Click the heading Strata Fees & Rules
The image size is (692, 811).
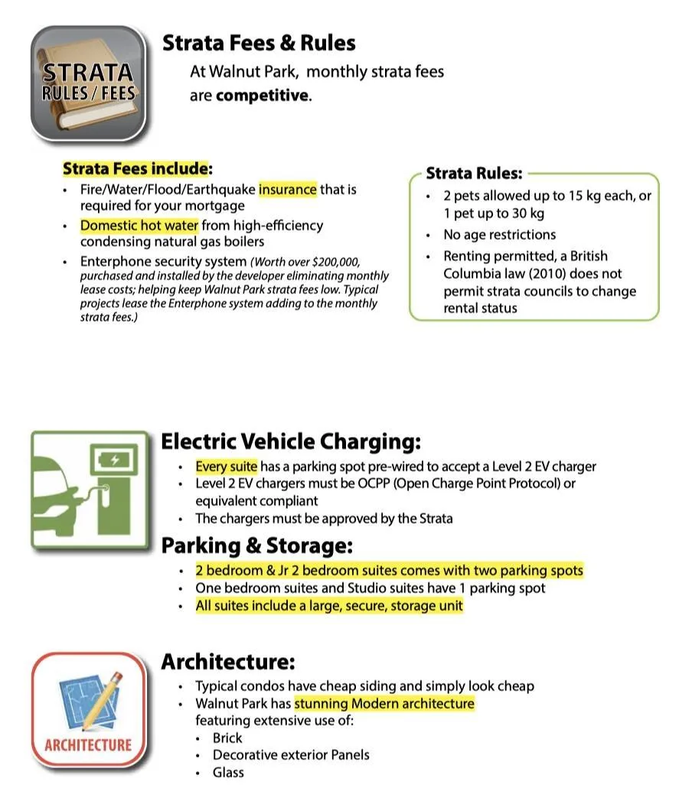(x=259, y=44)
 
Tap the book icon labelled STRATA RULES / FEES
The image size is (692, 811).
(x=88, y=83)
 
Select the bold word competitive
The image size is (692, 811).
(x=263, y=96)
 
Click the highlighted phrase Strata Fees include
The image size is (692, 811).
(x=135, y=168)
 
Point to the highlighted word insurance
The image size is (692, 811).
(x=287, y=189)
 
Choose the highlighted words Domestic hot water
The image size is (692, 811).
(x=139, y=226)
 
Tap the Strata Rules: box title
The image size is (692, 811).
(x=474, y=173)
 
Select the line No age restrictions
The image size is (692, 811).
(x=499, y=235)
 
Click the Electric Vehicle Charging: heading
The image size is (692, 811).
(x=290, y=442)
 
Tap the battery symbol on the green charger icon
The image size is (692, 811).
(x=115, y=461)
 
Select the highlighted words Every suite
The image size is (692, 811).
(x=227, y=467)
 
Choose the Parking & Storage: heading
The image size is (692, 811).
(x=256, y=546)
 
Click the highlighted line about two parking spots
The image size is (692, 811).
(x=389, y=571)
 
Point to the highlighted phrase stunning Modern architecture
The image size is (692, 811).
(x=384, y=704)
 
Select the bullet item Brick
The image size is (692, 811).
(x=227, y=738)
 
